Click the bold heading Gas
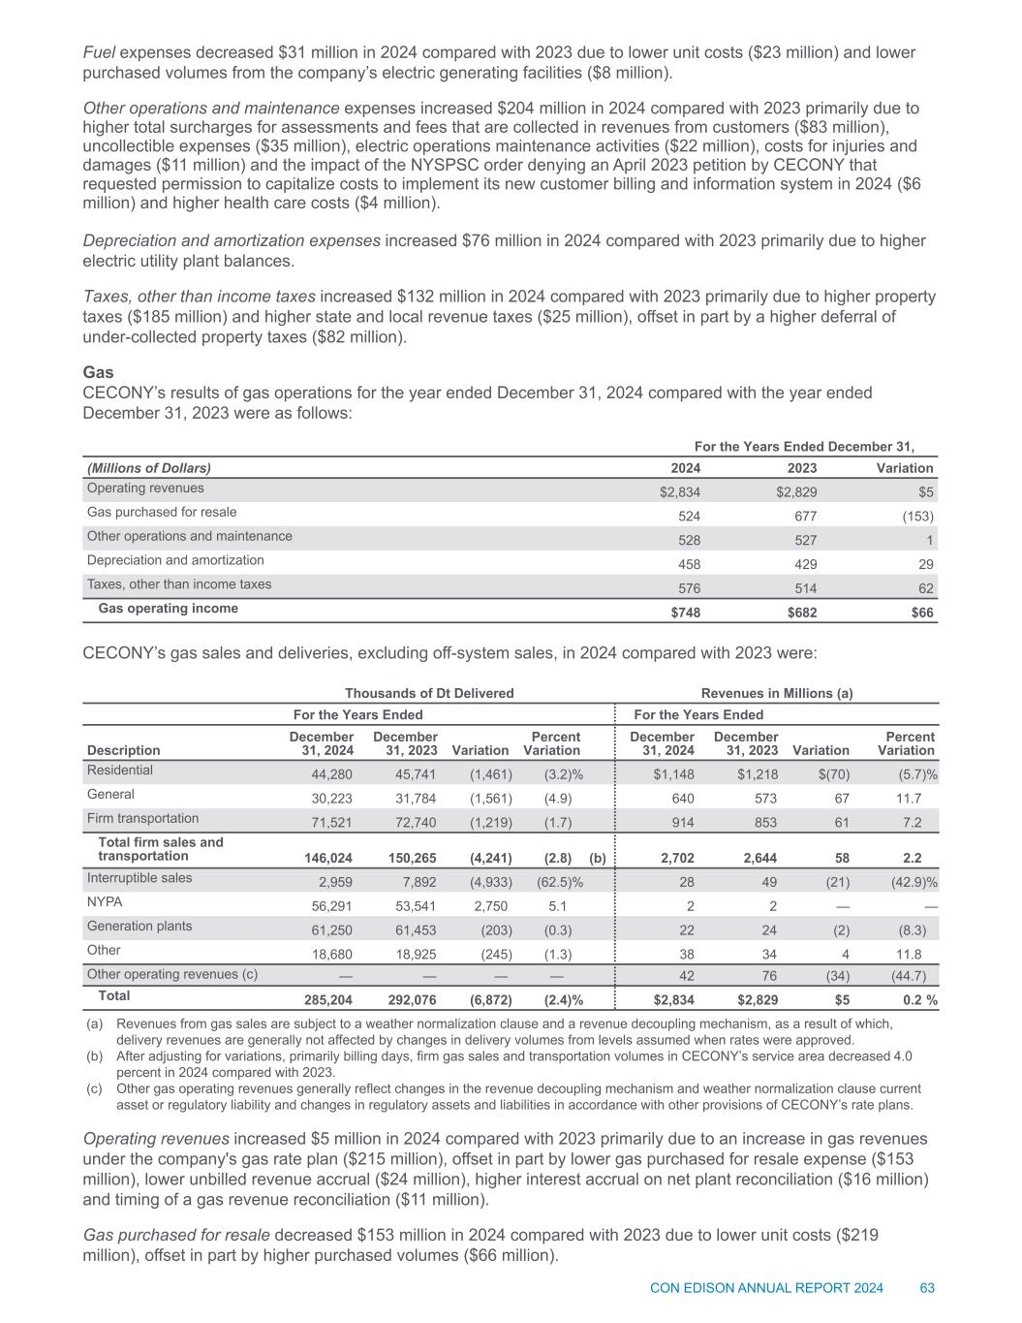[98, 372]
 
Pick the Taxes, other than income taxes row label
[179, 584]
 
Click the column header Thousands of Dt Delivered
[429, 693]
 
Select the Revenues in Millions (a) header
[776, 693]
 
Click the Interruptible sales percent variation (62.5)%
[560, 882]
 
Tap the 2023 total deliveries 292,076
[412, 1000]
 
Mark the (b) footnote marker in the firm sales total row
[598, 858]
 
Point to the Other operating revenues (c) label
[172, 974]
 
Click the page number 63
[927, 1288]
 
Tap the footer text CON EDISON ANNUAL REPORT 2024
[766, 1288]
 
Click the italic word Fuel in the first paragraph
[100, 52]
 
